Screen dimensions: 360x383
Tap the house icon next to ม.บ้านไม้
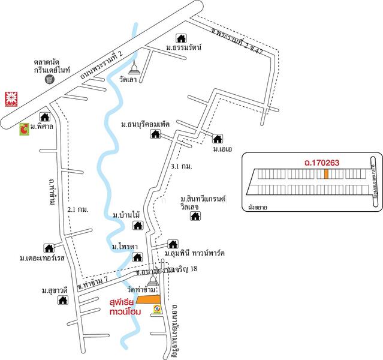137,225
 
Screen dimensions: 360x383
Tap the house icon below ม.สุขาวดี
62,301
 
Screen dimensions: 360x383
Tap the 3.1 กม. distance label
181,166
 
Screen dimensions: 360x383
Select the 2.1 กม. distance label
79,209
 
